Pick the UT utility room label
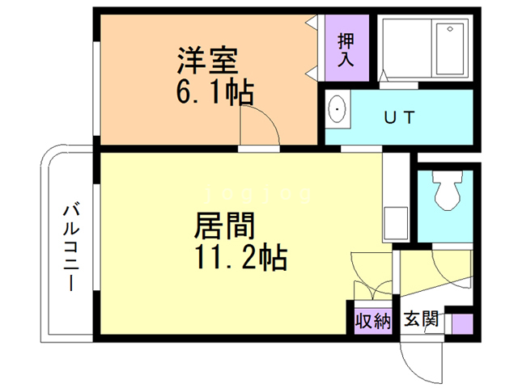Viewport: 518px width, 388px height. pos(399,117)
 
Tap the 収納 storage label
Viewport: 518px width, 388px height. pos(373,320)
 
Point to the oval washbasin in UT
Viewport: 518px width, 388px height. pos(337,111)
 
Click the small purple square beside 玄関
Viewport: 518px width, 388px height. pos(461,324)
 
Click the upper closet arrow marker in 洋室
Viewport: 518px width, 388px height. pos(311,23)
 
